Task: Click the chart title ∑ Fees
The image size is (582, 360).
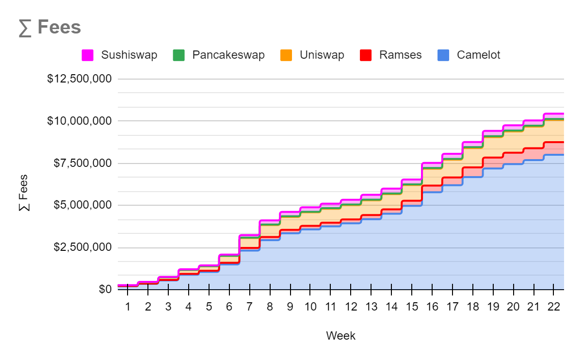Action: [50, 27]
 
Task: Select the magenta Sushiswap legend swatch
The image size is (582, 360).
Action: [87, 55]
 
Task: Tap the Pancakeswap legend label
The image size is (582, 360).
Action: [228, 55]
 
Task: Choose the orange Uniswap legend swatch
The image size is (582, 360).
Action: [286, 55]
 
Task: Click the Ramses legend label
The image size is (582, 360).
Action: [400, 55]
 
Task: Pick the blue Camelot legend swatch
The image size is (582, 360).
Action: [443, 55]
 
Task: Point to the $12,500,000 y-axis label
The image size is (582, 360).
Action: [79, 79]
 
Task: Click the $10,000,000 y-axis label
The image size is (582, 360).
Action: [79, 121]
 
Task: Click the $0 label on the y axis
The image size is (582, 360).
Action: [105, 290]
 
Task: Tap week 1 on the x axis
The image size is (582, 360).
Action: [128, 307]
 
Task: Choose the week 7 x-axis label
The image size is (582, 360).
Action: [249, 307]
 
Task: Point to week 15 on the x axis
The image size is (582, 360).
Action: [412, 307]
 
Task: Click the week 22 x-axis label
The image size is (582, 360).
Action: [553, 307]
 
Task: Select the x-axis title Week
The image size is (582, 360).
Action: [340, 336]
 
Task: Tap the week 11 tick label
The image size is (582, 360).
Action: [330, 307]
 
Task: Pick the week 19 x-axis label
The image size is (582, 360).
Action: [493, 307]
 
